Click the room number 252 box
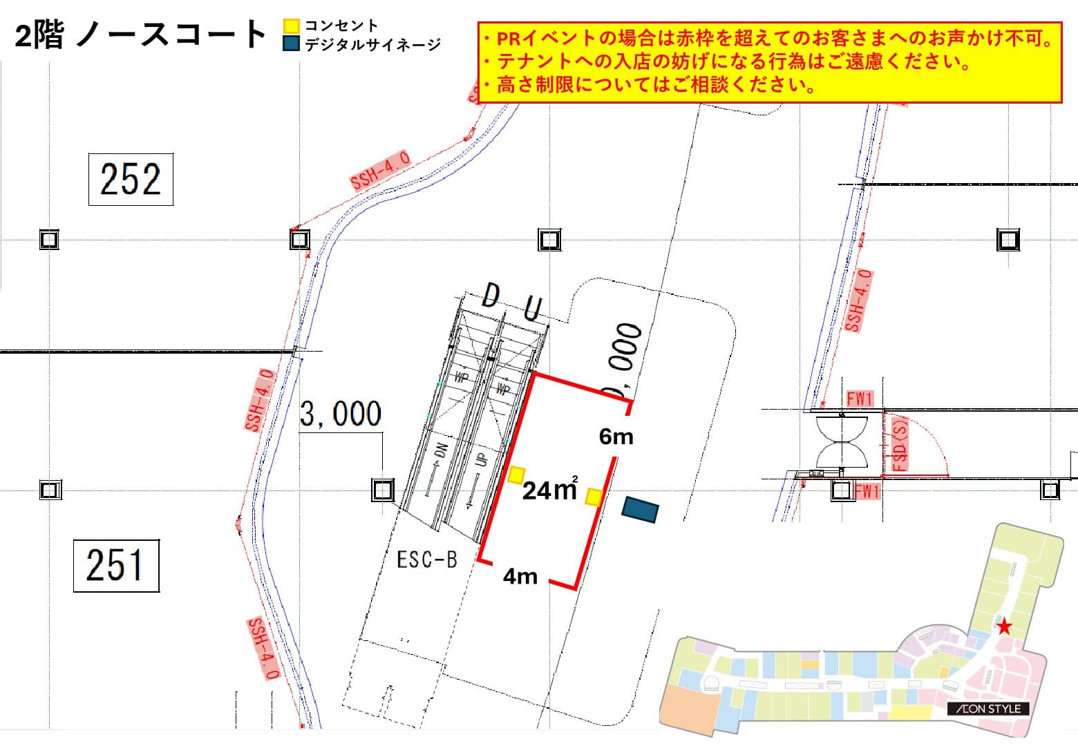pyautogui.click(x=131, y=180)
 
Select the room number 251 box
pyautogui.click(x=116, y=566)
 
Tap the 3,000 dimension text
pyautogui.click(x=341, y=414)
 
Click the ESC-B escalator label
pyautogui.click(x=427, y=559)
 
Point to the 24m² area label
pyautogui.click(x=549, y=489)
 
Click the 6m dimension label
pyautogui.click(x=616, y=437)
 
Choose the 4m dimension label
pyautogui.click(x=520, y=575)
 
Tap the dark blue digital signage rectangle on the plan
pyautogui.click(x=640, y=509)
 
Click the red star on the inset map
pyautogui.click(x=1004, y=627)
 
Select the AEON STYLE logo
pyautogui.click(x=988, y=709)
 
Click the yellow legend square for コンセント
pyautogui.click(x=292, y=26)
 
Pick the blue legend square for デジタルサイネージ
pyautogui.click(x=292, y=44)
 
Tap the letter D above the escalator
pyautogui.click(x=490, y=296)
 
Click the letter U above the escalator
pyautogui.click(x=532, y=309)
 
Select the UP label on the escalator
pyautogui.click(x=482, y=459)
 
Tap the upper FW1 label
pyautogui.click(x=860, y=399)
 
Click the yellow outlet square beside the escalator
pyautogui.click(x=516, y=475)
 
